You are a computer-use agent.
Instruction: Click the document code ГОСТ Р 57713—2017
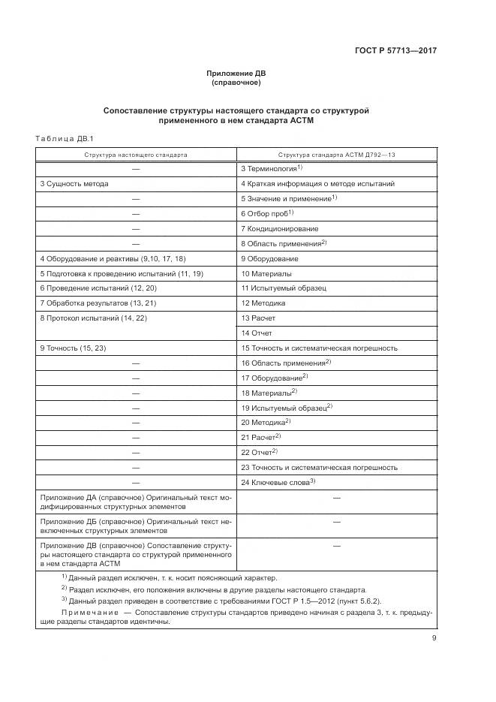click(x=395, y=51)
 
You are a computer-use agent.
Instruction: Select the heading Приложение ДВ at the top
click(x=236, y=74)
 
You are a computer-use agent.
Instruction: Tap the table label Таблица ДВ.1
click(x=64, y=138)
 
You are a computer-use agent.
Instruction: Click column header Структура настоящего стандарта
click(x=136, y=154)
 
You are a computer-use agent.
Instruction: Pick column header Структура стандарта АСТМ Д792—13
click(x=336, y=154)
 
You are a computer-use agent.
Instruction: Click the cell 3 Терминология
click(x=270, y=168)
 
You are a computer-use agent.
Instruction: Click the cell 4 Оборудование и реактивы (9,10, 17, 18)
click(x=113, y=258)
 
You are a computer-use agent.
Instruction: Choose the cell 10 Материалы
click(x=266, y=273)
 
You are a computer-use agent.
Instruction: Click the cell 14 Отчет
click(x=257, y=333)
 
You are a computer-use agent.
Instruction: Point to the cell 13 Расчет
click(x=258, y=318)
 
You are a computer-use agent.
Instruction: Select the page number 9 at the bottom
click(x=434, y=638)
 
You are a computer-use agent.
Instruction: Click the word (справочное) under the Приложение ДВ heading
click(x=236, y=83)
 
